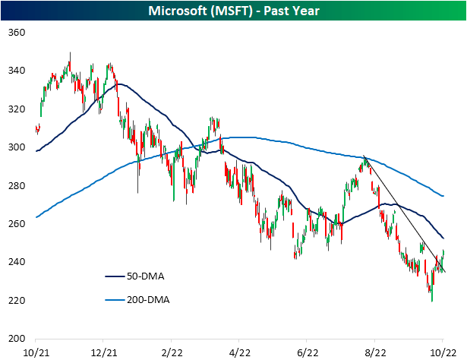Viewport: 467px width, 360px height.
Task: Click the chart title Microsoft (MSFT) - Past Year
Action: click(x=233, y=10)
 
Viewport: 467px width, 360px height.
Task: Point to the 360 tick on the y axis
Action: click(x=16, y=33)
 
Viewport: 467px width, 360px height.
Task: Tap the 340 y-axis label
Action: click(x=16, y=71)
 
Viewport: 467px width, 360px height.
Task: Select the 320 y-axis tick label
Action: click(x=16, y=109)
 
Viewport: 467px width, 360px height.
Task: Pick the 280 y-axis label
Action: click(x=16, y=186)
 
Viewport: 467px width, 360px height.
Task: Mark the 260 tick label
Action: click(x=16, y=224)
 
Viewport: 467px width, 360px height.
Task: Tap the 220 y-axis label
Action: click(x=16, y=301)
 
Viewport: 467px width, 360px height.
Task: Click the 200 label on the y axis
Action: click(x=16, y=339)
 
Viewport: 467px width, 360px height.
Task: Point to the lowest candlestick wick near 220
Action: click(x=432, y=300)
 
